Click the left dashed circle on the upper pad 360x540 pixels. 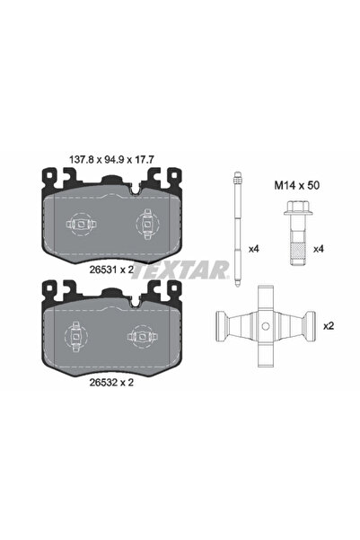78,224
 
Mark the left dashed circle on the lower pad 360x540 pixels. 78,338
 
